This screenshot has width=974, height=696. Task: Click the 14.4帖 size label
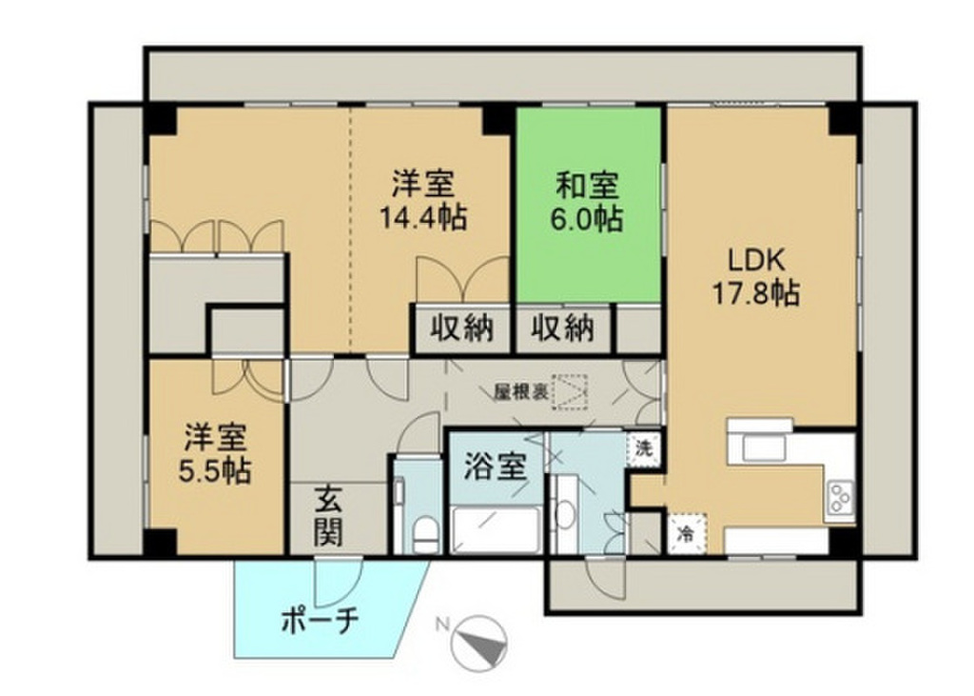tap(423, 219)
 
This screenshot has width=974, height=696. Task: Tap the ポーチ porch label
tap(319, 621)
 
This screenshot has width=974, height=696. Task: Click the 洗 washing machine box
tap(644, 448)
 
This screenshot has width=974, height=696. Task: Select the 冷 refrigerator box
tap(686, 534)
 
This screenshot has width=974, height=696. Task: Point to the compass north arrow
tap(483, 642)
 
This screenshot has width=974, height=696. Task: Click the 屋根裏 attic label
tap(518, 391)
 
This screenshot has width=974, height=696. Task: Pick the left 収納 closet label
tap(462, 328)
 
